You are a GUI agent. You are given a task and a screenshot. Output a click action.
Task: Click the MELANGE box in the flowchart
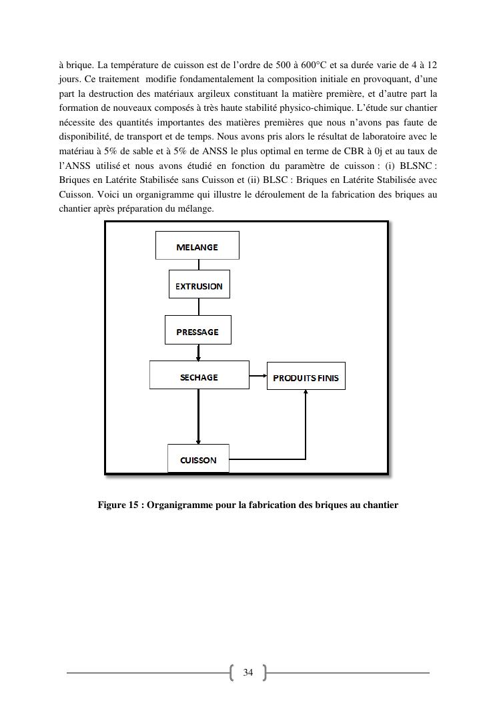(197, 246)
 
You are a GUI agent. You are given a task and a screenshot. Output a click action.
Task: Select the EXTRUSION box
(199, 285)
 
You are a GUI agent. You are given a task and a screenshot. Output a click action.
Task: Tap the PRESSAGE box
(197, 330)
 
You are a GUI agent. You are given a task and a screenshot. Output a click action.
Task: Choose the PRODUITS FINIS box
(306, 377)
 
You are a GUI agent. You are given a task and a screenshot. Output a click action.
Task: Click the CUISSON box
(198, 459)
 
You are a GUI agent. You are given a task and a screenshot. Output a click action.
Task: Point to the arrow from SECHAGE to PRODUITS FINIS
(258, 376)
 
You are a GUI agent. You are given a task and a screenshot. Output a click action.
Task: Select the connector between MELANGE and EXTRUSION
(198, 264)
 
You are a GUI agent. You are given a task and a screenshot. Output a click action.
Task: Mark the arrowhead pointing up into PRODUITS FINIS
(306, 393)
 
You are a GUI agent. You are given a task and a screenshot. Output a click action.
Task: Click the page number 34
(248, 672)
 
